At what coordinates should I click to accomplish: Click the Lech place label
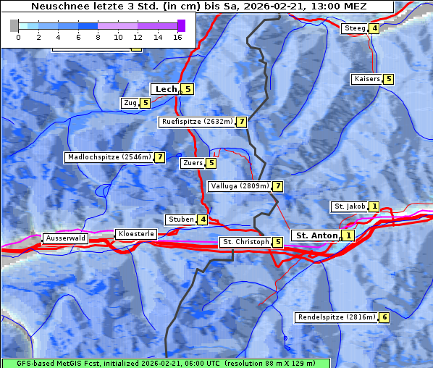pos(166,89)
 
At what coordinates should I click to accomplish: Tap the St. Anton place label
pos(316,235)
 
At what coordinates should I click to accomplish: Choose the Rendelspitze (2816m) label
pos(337,317)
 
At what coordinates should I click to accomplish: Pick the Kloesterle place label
pos(135,234)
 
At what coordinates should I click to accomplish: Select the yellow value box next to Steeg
pos(374,29)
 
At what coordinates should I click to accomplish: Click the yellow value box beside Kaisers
pos(388,79)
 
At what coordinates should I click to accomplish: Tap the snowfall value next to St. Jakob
pos(374,206)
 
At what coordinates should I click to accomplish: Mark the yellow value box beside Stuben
pos(203,219)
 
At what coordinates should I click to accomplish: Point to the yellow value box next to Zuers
pos(211,163)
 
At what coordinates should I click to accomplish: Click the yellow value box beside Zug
pos(145,103)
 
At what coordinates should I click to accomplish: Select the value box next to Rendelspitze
pos(384,317)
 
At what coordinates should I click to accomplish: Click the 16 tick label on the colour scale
pos(177,37)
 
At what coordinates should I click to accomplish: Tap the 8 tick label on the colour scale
pos(97,37)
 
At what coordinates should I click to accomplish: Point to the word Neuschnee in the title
pos(57,7)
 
